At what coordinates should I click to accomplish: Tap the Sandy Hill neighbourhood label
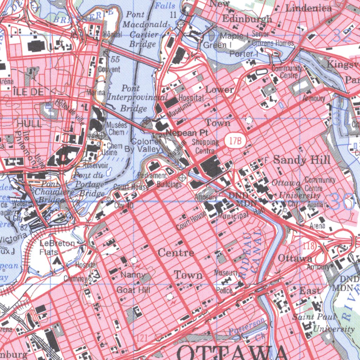302,160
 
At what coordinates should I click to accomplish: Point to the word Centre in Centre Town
176,253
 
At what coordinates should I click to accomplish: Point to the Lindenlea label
309,8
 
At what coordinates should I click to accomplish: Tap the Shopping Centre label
205,146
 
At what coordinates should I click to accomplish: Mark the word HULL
29,123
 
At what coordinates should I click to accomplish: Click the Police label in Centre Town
224,290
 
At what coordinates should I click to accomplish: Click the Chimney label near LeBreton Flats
75,279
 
